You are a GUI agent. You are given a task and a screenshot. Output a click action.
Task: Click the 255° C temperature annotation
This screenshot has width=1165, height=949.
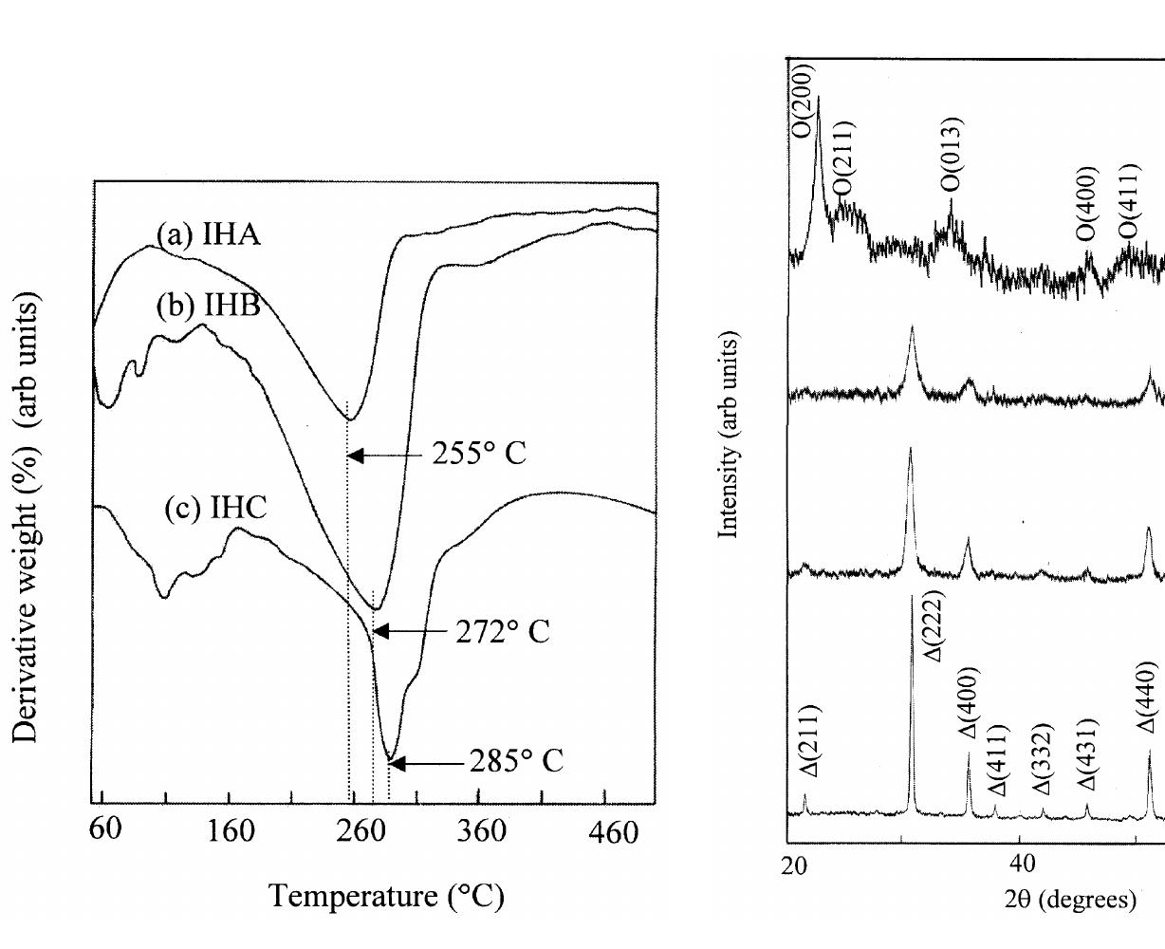point(478,454)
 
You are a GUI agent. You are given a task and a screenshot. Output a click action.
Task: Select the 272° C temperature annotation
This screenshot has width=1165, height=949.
point(502,631)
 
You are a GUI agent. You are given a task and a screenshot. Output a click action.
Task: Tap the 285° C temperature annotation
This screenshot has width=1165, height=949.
point(516,761)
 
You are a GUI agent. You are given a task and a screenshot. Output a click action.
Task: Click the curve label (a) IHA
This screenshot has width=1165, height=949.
point(208,233)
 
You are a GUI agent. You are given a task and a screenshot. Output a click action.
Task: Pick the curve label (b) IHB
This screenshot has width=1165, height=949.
point(208,307)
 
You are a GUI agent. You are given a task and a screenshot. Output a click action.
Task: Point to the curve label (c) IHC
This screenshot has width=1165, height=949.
point(215,508)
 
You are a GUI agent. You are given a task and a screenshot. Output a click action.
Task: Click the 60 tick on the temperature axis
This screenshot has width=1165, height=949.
point(105,829)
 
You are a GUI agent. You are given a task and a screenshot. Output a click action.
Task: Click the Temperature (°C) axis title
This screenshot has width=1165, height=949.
point(386,895)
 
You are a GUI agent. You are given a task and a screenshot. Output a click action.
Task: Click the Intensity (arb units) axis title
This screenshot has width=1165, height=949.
point(729,436)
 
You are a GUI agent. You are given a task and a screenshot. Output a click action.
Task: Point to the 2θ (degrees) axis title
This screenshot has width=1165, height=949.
point(1069,898)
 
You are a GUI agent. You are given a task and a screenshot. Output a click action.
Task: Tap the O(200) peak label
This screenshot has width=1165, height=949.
point(803,101)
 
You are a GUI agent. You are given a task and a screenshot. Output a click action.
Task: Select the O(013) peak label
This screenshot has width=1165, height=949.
point(953,153)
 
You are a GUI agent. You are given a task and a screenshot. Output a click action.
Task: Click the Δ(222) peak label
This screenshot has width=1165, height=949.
point(934,626)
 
